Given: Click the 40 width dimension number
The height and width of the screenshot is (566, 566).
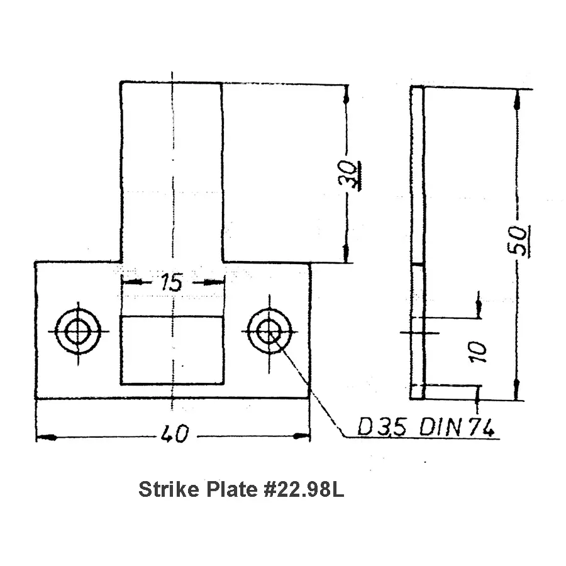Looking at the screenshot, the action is pyautogui.click(x=174, y=433).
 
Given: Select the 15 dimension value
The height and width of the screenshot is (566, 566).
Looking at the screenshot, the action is pyautogui.click(x=172, y=282).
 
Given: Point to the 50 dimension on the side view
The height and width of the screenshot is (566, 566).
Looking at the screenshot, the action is pyautogui.click(x=519, y=240).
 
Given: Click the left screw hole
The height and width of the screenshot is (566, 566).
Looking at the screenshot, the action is pyautogui.click(x=78, y=331).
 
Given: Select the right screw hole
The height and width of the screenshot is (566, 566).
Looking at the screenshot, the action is pyautogui.click(x=269, y=331).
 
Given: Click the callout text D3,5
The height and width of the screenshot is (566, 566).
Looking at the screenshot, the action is pyautogui.click(x=382, y=426).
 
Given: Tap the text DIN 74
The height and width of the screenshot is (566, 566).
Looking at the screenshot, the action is pyautogui.click(x=457, y=427).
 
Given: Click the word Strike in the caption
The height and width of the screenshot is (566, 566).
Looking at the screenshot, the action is pyautogui.click(x=169, y=490).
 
